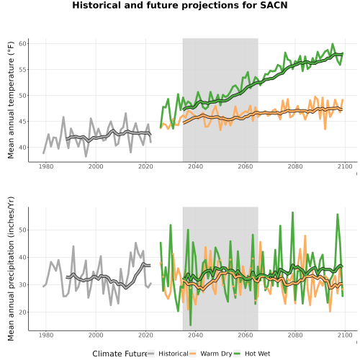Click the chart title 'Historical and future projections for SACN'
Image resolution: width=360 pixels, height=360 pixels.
[180, 5]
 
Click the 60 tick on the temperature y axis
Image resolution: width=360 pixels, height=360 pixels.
[23, 44]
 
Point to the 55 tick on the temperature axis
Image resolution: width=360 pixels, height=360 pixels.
[23, 70]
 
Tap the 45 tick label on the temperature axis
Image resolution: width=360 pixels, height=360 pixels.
[23, 122]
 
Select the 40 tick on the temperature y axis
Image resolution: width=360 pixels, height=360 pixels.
[23, 148]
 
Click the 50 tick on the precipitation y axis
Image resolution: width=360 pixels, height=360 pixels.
[23, 230]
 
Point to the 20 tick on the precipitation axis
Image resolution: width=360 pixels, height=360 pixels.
[23, 312]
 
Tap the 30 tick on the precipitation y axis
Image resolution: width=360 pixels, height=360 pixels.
[23, 285]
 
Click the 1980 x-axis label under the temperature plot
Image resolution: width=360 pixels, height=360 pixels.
[46, 166]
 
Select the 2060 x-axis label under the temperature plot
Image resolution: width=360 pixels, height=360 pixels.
[246, 166]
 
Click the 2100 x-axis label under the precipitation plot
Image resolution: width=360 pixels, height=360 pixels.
[345, 335]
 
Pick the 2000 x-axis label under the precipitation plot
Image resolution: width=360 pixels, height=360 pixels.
[96, 335]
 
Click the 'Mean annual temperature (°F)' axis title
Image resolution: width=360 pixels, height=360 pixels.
[11, 100]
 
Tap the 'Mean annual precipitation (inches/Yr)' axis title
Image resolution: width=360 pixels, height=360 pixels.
[11, 269]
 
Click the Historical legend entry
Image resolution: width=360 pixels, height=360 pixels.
[168, 354]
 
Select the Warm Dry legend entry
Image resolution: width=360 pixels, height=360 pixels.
[211, 354]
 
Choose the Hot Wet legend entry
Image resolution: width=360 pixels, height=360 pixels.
[252, 354]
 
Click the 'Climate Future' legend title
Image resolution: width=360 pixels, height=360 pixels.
[120, 354]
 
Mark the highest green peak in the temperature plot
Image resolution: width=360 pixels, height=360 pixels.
[333, 44]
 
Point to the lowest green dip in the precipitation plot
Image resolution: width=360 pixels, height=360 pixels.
[191, 325]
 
